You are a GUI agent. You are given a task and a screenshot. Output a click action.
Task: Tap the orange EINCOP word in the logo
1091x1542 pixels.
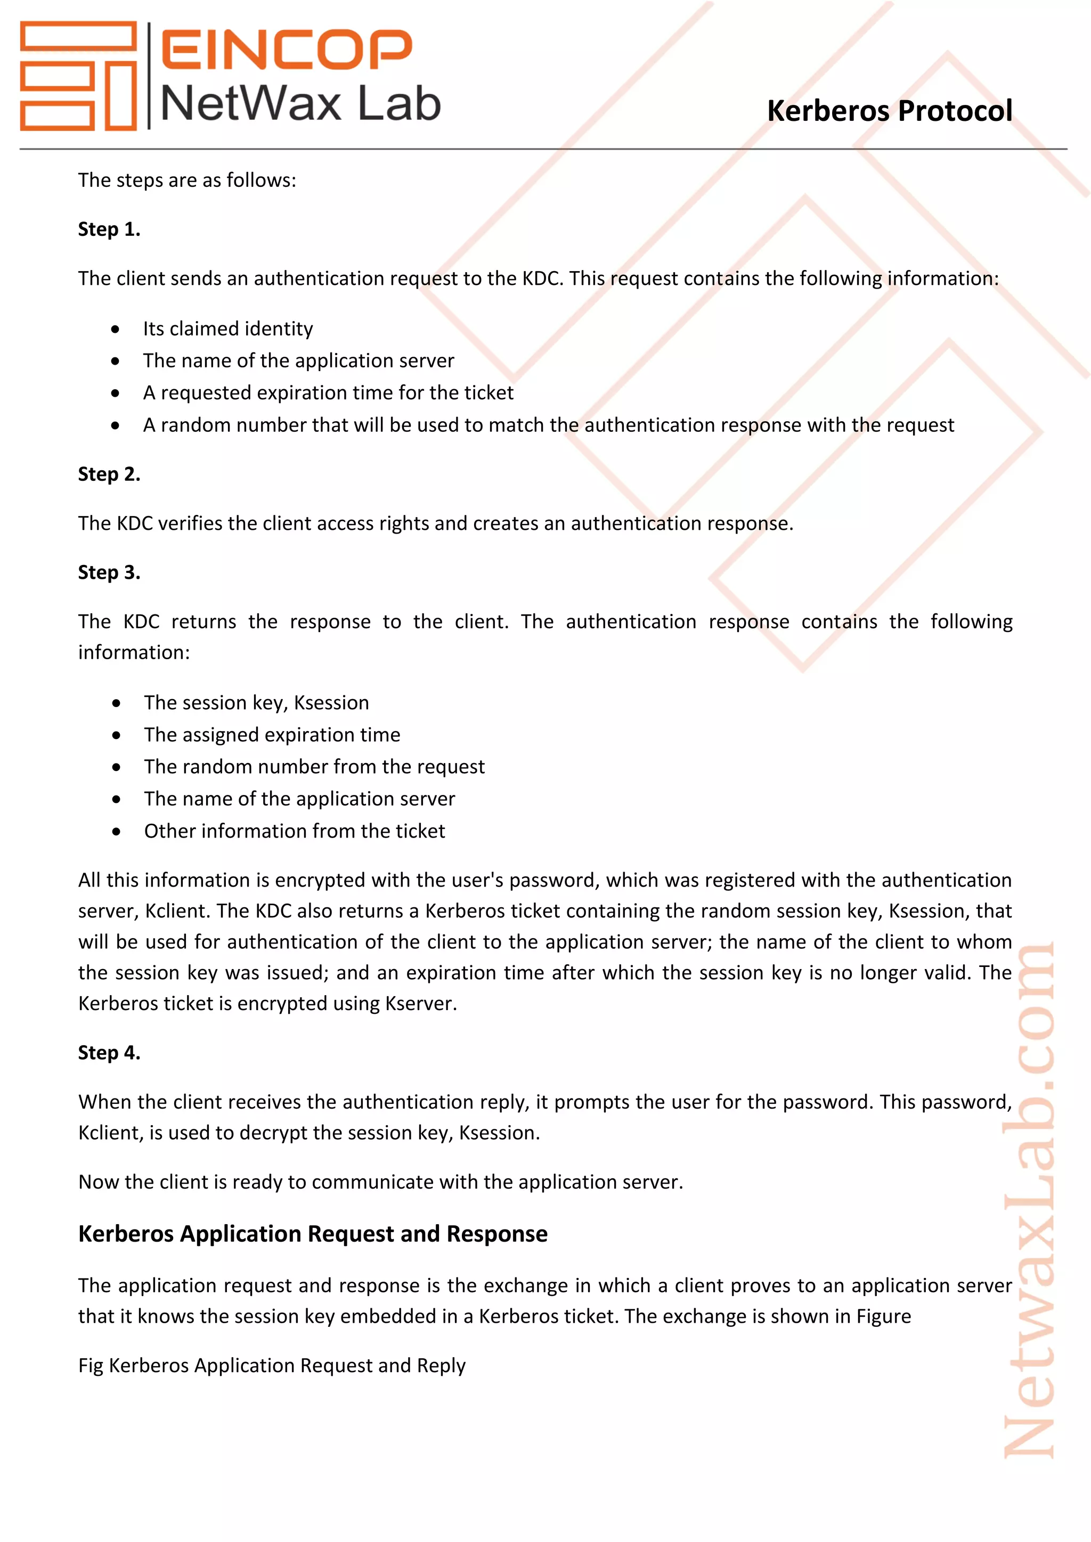coord(286,50)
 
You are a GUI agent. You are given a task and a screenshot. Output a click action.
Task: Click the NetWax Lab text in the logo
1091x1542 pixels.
coord(300,104)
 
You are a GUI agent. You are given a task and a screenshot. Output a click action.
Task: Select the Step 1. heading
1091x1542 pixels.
coord(109,229)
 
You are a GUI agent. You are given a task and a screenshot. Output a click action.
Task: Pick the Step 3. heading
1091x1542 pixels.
coord(109,572)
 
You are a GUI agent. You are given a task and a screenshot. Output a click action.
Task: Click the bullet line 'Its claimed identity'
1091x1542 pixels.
coord(228,329)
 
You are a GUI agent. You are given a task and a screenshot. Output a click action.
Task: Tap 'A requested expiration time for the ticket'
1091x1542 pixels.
coord(328,392)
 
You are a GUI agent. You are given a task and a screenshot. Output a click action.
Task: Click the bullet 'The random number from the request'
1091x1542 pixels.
coord(314,766)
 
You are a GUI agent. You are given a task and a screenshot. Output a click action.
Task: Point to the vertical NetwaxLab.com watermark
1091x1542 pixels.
coord(1029,1202)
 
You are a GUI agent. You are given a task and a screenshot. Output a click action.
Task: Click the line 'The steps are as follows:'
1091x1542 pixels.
coord(187,180)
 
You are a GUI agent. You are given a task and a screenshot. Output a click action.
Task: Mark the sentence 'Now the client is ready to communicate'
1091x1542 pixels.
coord(380,1182)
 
